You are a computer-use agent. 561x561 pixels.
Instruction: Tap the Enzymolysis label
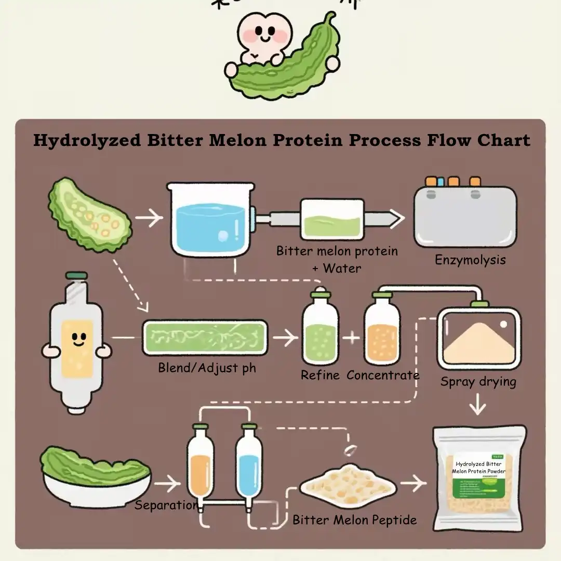click(x=470, y=259)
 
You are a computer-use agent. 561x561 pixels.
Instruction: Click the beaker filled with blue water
click(x=210, y=221)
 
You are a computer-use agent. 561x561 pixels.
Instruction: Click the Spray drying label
click(x=478, y=382)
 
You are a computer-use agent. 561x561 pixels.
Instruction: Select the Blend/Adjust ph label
click(x=207, y=368)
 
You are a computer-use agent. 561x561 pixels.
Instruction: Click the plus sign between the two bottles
click(x=352, y=338)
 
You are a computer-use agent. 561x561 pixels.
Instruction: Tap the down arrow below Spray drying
click(x=477, y=404)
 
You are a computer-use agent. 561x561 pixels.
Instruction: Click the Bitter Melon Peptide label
click(x=354, y=520)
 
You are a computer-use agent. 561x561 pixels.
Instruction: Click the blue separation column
click(x=248, y=468)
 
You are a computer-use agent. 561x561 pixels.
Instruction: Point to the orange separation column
click(x=199, y=468)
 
